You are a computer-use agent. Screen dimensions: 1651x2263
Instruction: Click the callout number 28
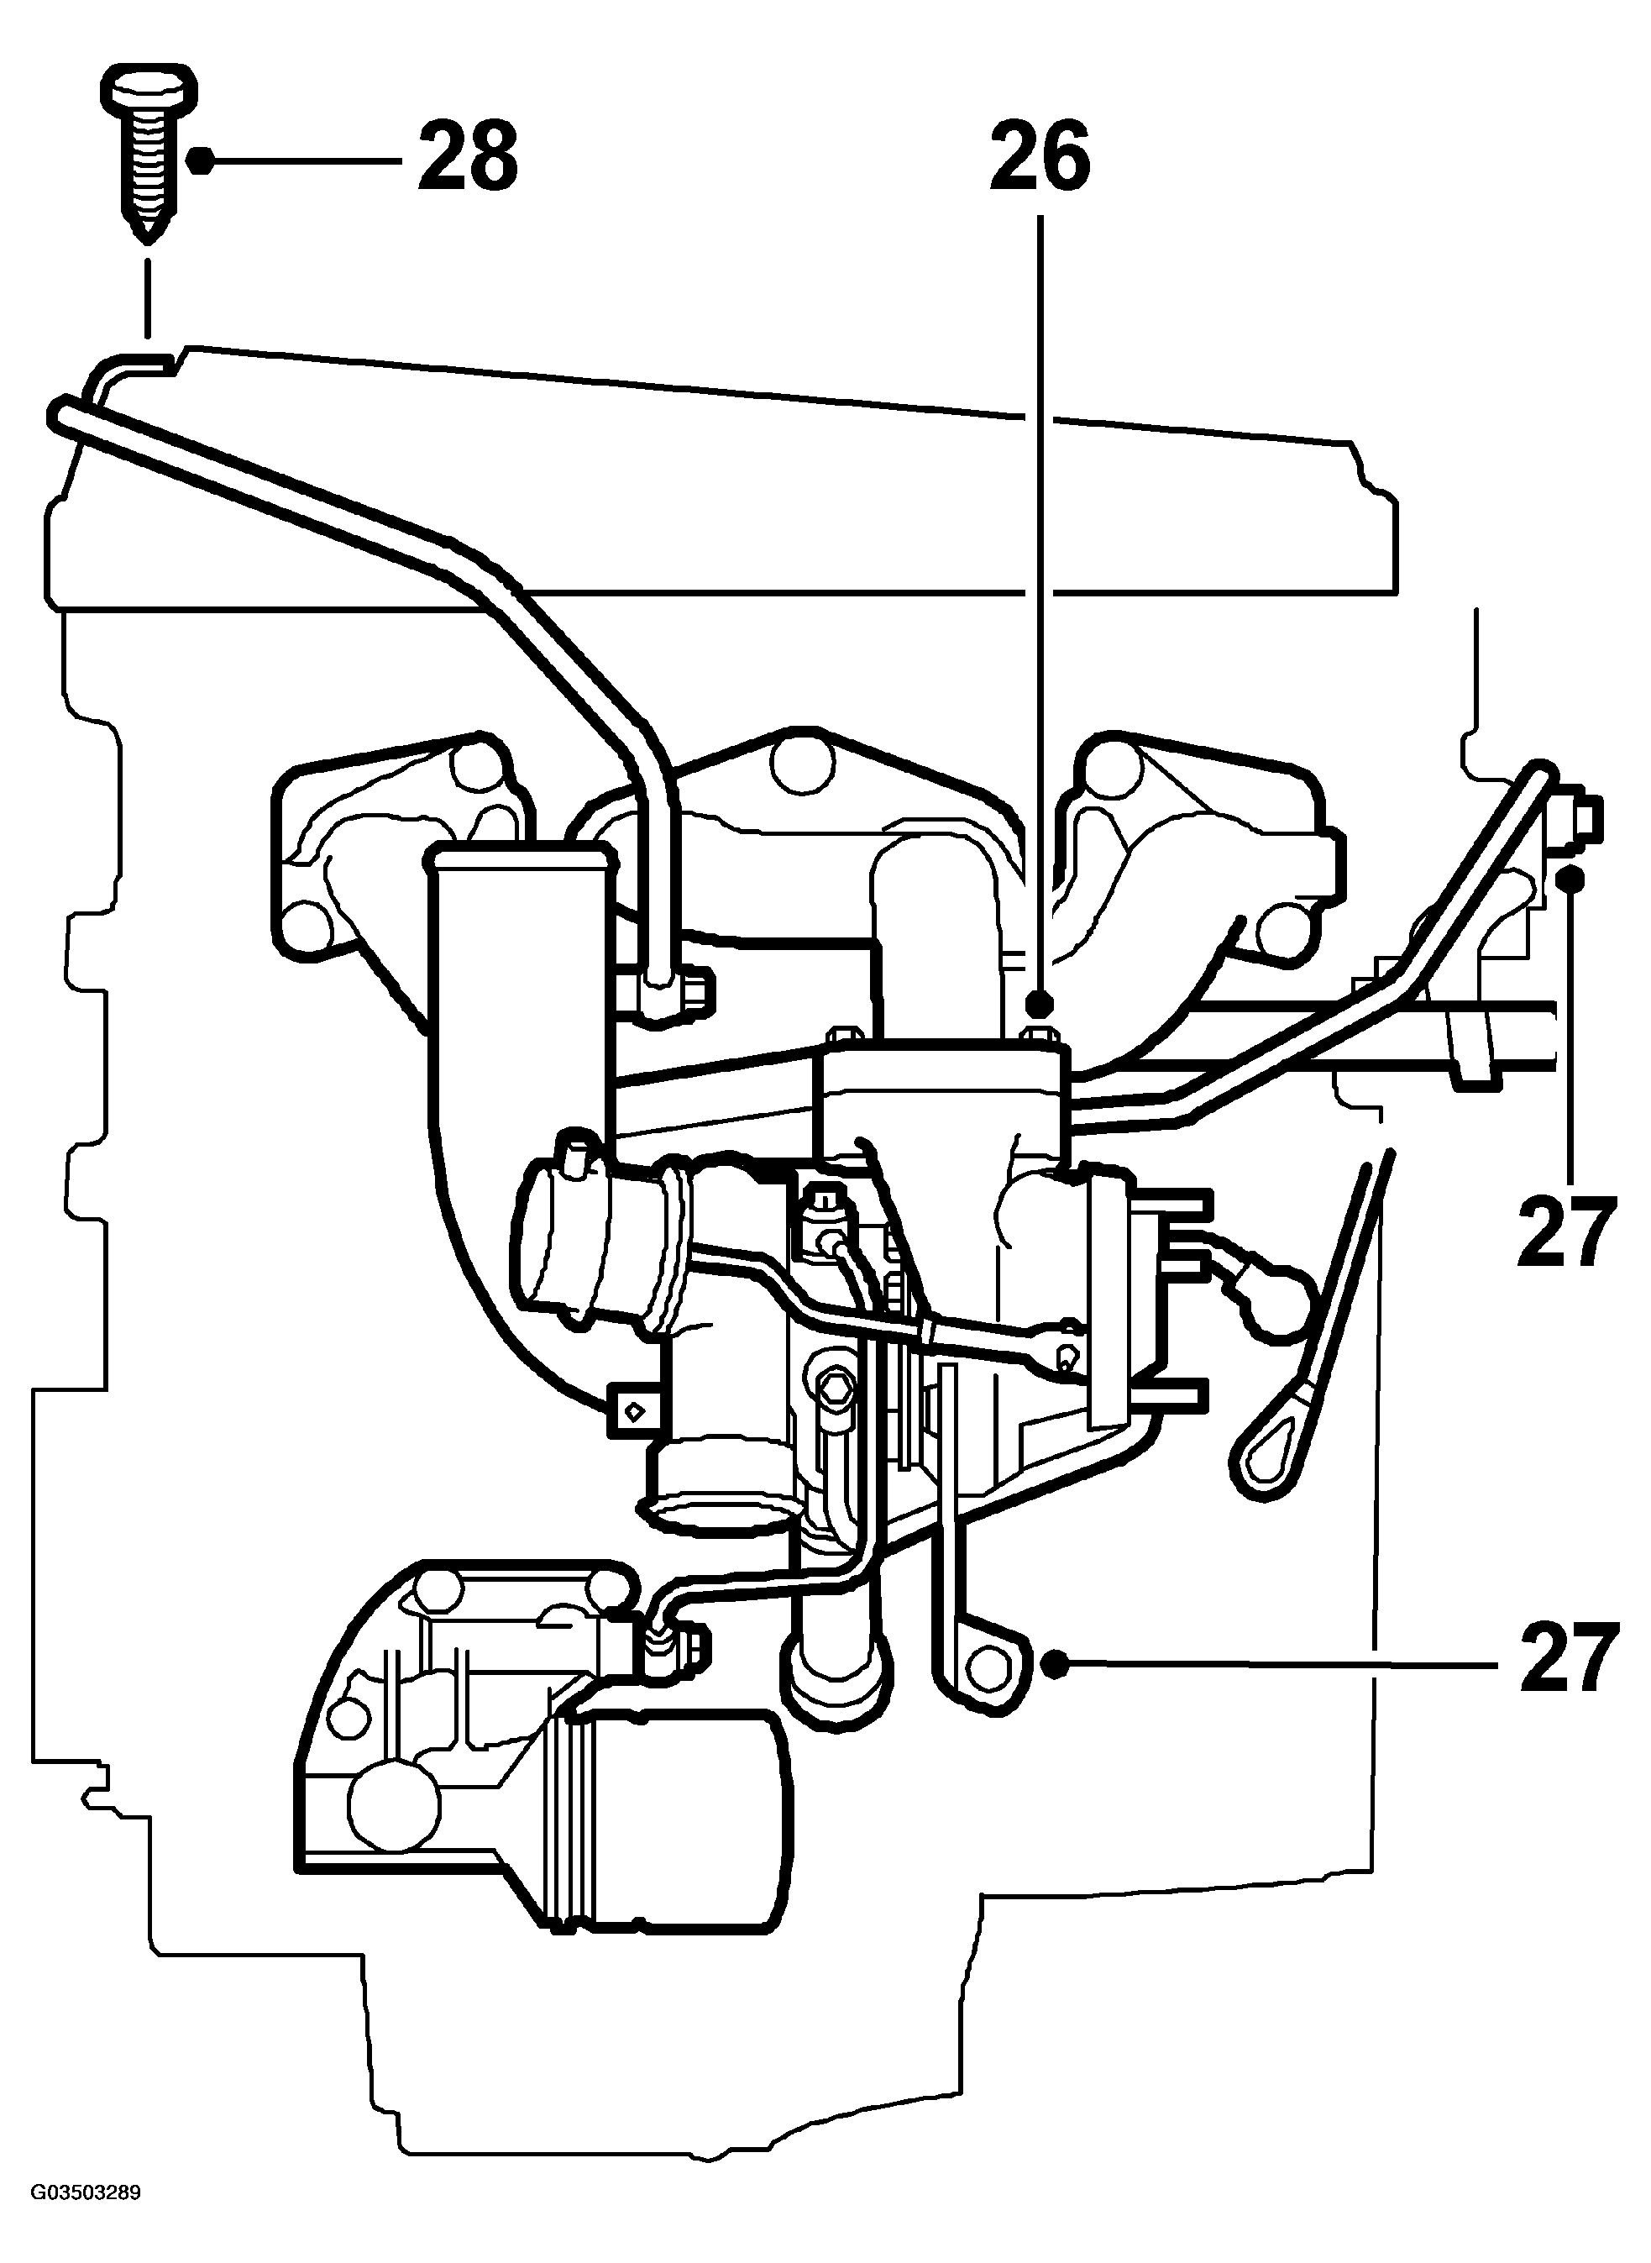coord(468,157)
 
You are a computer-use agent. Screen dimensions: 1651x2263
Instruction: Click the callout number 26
coord(1040,157)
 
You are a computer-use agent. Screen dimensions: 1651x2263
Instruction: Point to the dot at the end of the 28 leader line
coord(201,160)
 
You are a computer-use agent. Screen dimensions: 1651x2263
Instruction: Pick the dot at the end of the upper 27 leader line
coord(1571,879)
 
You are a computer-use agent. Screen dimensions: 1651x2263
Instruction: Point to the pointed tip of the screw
coord(148,240)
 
